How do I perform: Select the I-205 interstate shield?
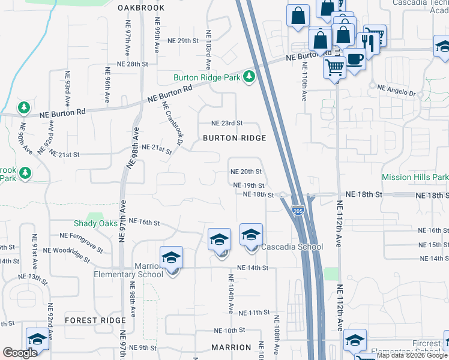[x=297, y=209]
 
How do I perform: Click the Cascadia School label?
[x=292, y=247]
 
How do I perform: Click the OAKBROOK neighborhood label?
[x=140, y=8]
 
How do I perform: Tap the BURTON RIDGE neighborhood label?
[x=234, y=138]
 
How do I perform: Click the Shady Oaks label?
[x=96, y=223]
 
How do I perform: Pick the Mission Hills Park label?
[x=415, y=178]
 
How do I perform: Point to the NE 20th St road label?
[x=246, y=172]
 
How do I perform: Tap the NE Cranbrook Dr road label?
[x=172, y=122]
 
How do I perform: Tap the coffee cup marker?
[x=355, y=59]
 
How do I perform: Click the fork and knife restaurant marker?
[x=367, y=40]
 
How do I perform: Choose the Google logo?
[x=20, y=352]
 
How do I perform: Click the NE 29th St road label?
[x=183, y=41]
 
